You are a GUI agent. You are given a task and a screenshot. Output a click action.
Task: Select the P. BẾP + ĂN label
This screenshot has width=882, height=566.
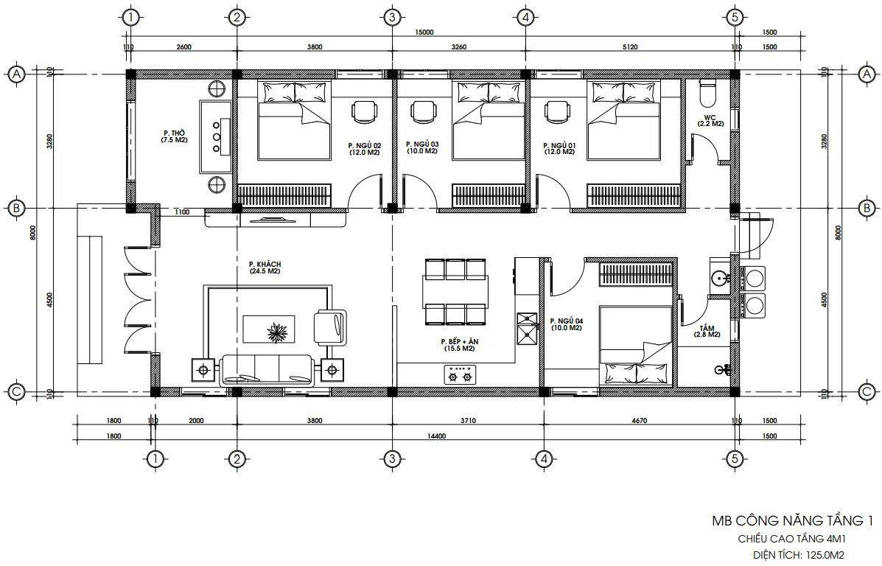coord(458,346)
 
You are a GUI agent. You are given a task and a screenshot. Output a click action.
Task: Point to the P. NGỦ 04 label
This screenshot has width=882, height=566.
coord(566,324)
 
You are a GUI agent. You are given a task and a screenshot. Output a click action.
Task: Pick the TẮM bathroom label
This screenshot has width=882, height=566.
coord(707,331)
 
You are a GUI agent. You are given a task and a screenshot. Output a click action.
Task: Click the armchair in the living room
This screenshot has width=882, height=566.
coord(330,326)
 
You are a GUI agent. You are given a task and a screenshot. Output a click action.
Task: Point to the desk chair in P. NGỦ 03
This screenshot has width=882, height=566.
coord(422,112)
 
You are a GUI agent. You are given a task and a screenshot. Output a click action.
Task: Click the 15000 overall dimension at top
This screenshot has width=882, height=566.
coord(424,32)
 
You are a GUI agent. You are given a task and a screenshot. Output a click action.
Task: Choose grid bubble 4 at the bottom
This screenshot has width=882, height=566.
coord(544,459)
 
